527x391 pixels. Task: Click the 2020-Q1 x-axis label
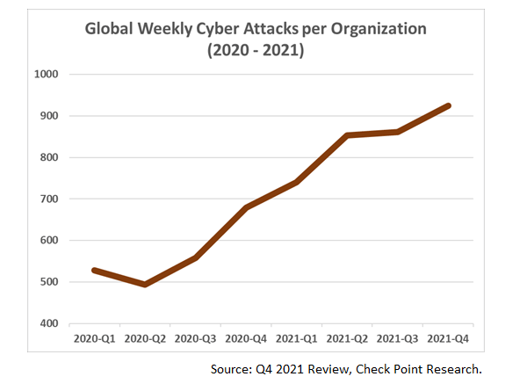point(93,337)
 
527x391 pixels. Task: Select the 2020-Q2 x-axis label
point(144,337)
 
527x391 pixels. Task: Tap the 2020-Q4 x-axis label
point(246,337)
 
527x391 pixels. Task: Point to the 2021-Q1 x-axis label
point(297,337)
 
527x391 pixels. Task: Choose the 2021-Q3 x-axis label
point(399,337)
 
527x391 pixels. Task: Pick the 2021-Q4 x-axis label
point(450,337)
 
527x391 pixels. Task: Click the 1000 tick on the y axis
point(45,75)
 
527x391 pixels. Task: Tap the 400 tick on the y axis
point(47,323)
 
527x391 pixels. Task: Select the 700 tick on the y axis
point(47,199)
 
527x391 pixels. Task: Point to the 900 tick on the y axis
point(47,116)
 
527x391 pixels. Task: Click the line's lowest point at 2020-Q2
point(144,285)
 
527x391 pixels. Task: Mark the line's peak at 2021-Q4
point(450,105)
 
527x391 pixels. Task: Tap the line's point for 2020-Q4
point(246,207)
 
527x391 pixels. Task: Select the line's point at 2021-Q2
point(348,135)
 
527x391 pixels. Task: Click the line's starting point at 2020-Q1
point(93,270)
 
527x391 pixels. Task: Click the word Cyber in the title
point(241,29)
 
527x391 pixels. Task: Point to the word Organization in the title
point(375,29)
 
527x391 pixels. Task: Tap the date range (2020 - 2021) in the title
point(255,51)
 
